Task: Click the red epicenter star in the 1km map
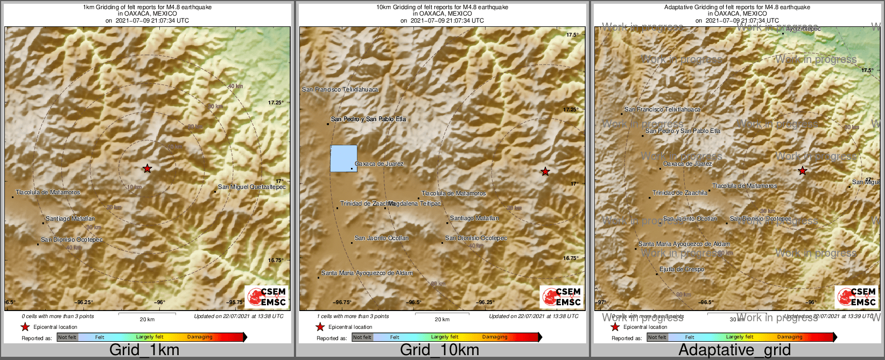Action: click(x=147, y=168)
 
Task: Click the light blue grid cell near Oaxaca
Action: click(x=343, y=158)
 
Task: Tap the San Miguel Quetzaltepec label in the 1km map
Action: click(x=251, y=187)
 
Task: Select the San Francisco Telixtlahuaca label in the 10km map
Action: click(x=340, y=89)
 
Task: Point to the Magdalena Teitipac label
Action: click(x=415, y=203)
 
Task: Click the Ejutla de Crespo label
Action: click(x=682, y=269)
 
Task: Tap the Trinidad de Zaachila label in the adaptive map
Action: click(x=680, y=193)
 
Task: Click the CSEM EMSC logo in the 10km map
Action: click(x=562, y=297)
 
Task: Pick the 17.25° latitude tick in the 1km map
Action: click(x=276, y=102)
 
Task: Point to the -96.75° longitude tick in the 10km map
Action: click(x=342, y=302)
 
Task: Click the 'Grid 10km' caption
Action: click(x=439, y=350)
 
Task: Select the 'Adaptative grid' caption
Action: click(x=734, y=350)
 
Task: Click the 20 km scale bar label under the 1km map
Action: click(x=147, y=319)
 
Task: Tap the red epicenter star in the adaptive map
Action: click(x=802, y=171)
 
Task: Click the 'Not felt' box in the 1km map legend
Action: click(x=67, y=337)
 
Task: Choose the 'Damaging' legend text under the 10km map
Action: click(x=494, y=337)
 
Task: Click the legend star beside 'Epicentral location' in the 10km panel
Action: click(x=320, y=327)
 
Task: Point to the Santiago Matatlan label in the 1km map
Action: click(x=70, y=218)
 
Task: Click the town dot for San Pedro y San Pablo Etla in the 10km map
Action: click(x=328, y=124)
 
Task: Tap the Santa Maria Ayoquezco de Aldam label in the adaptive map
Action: click(x=684, y=244)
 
